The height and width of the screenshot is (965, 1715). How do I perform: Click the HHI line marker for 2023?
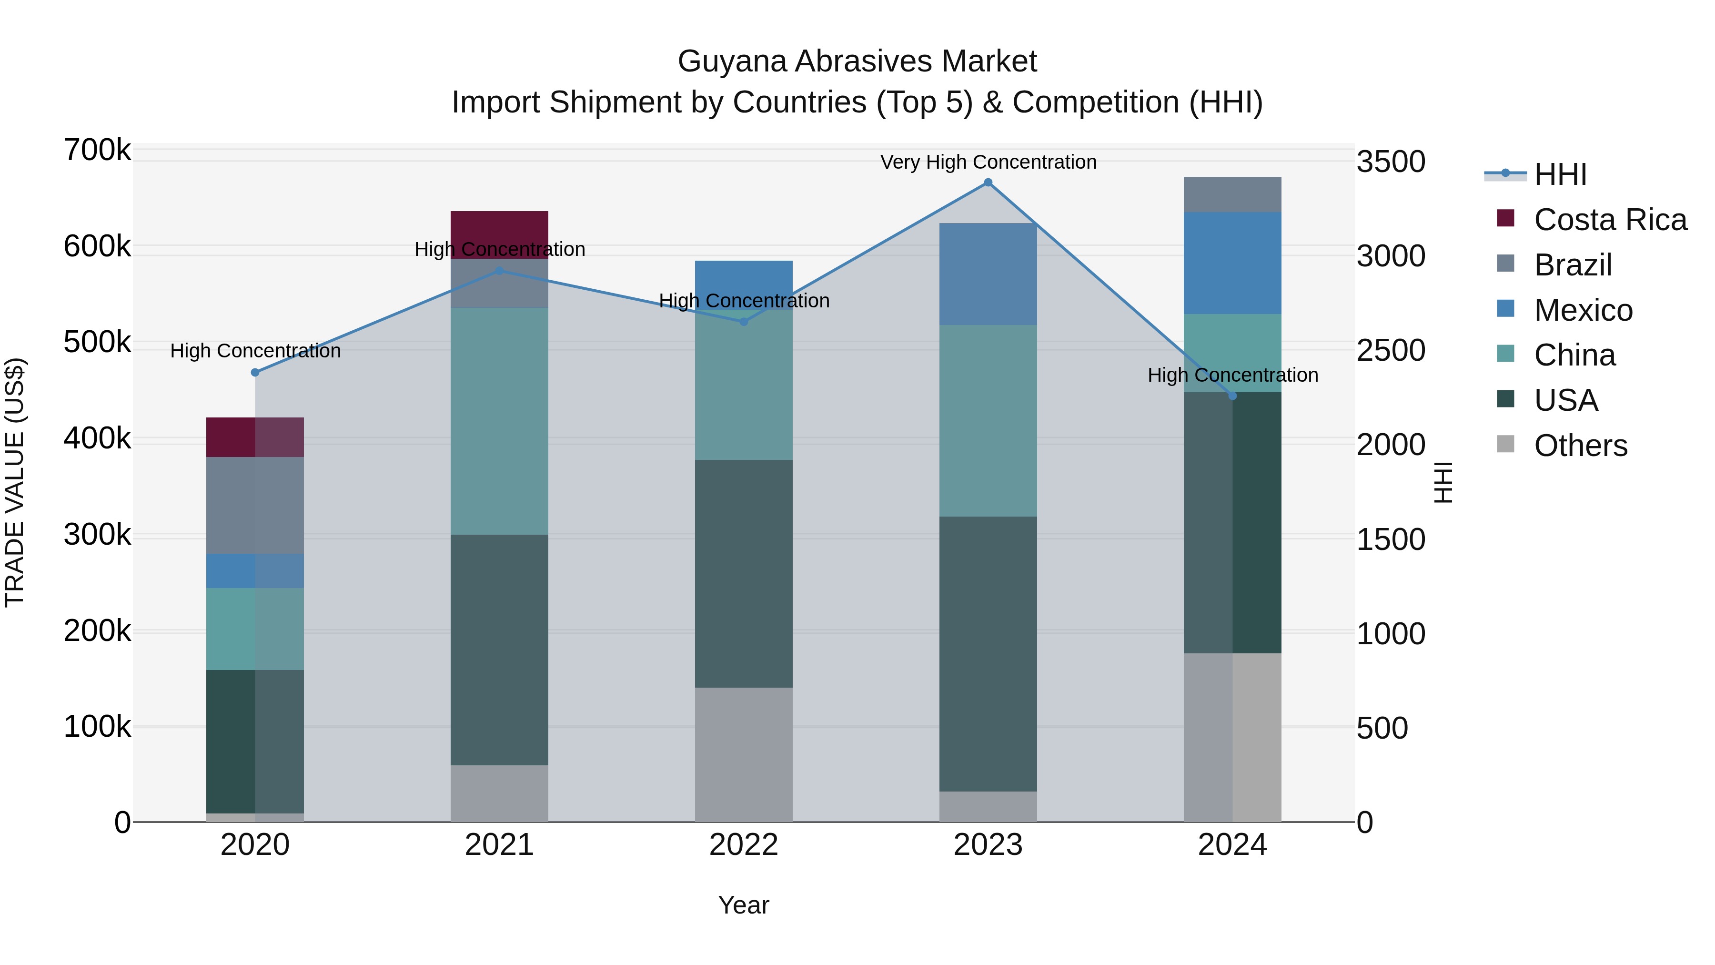pos(988,183)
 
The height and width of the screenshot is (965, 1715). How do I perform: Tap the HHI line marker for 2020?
pos(255,372)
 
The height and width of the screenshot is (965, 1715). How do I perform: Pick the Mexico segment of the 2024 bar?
pos(1232,263)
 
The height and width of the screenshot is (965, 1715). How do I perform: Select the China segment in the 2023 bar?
pos(988,421)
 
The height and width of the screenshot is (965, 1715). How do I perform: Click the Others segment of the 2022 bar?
pos(744,754)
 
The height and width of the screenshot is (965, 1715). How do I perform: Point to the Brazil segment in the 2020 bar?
pos(255,506)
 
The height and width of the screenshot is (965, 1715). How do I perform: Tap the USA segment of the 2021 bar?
pos(499,650)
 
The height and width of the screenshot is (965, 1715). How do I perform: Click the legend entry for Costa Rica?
pos(1610,220)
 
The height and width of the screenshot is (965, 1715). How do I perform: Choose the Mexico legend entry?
pos(1583,310)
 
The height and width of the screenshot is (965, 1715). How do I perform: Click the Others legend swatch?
pos(1505,444)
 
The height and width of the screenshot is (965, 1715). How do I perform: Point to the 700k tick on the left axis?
pos(97,151)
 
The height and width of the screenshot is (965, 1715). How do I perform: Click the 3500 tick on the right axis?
pos(1391,162)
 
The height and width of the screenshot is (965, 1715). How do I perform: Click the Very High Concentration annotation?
pos(988,162)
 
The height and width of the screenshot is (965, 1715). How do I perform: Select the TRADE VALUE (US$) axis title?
pos(15,482)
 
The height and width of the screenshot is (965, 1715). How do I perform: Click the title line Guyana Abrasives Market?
pos(857,61)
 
